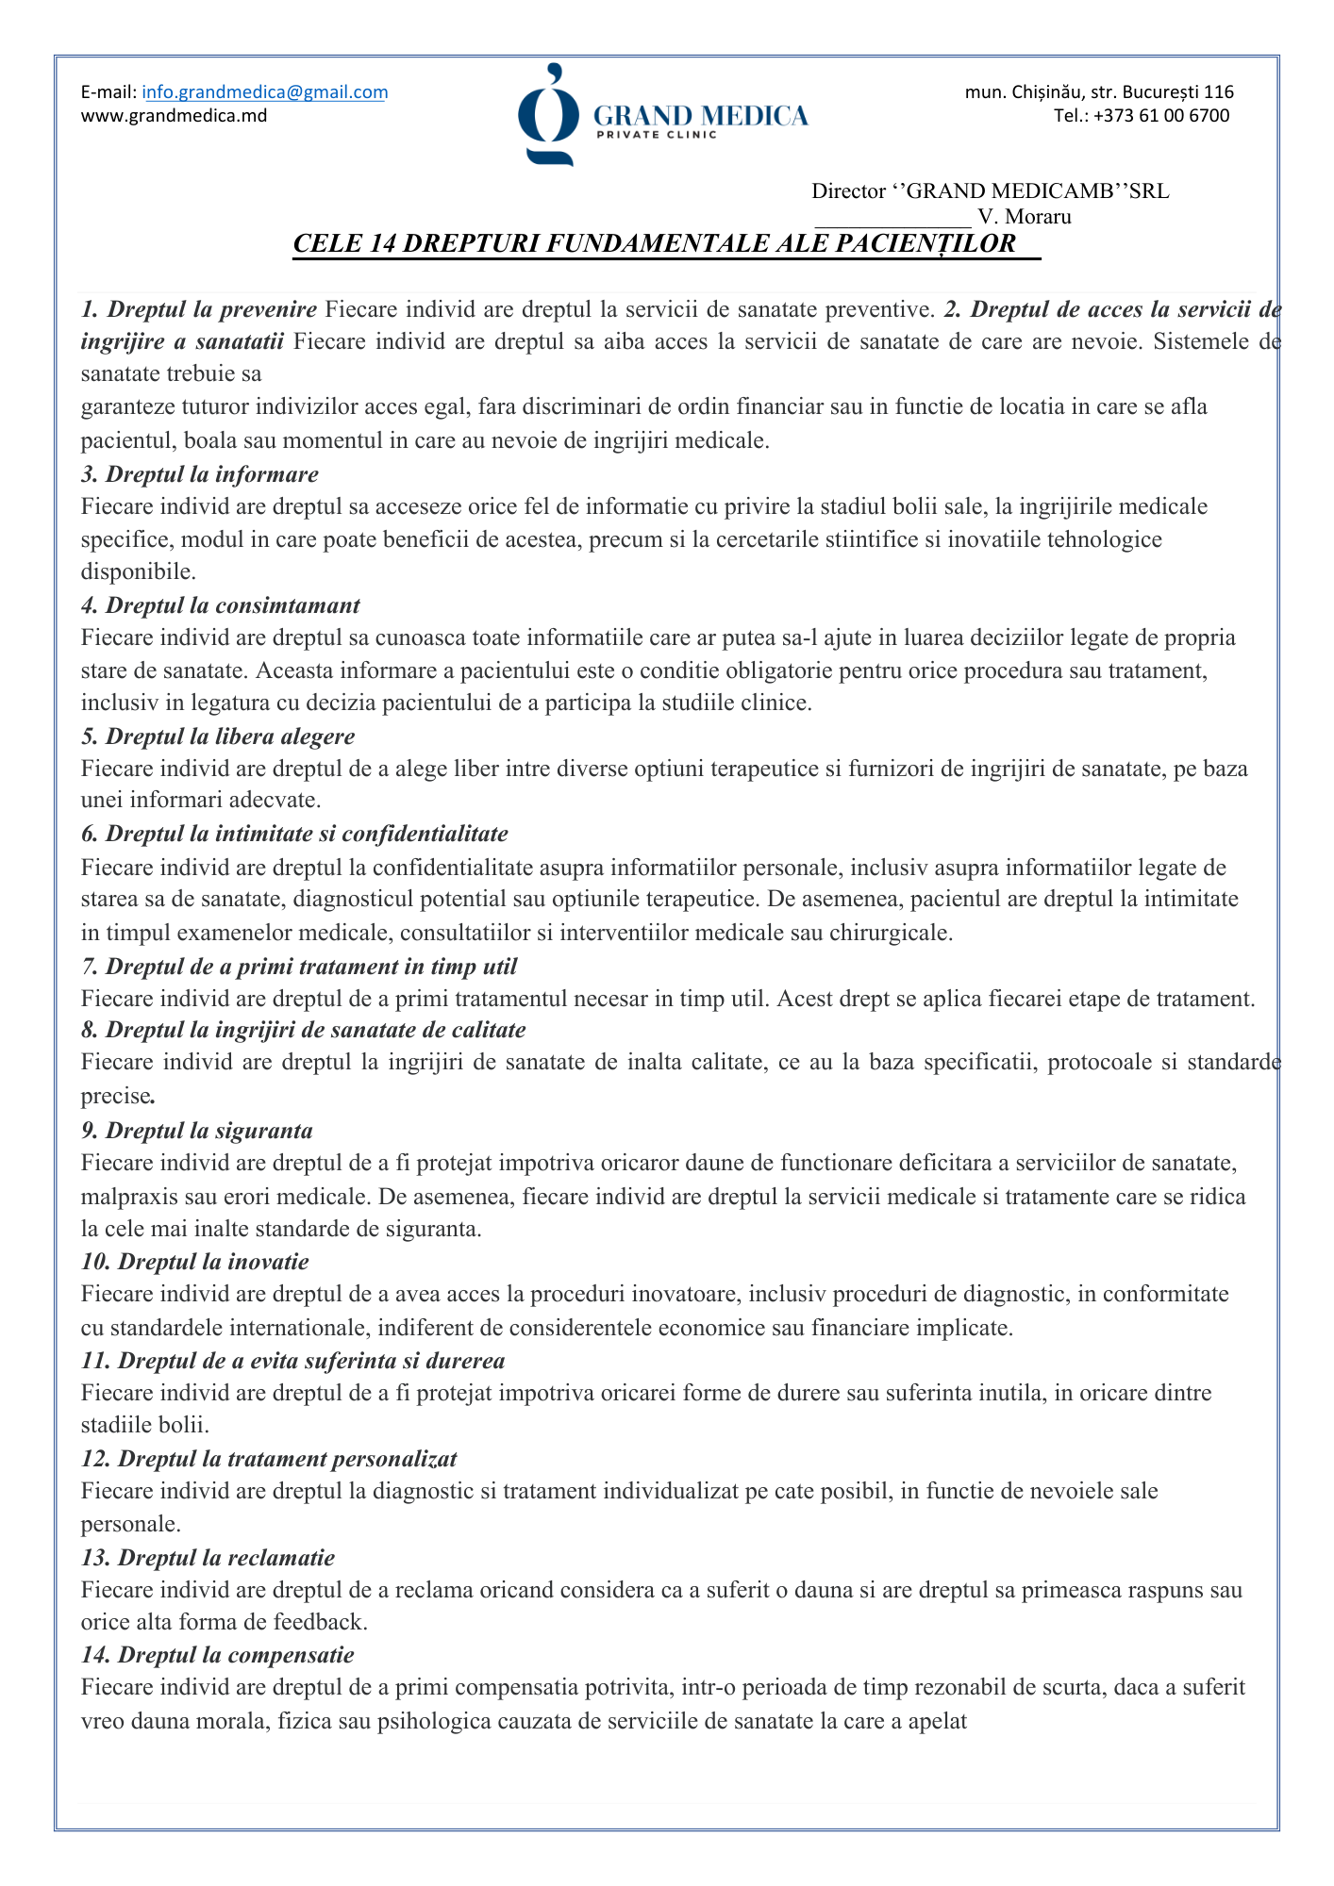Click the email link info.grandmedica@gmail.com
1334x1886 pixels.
coord(265,92)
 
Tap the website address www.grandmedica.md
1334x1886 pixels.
coord(174,116)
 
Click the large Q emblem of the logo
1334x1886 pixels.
coord(548,116)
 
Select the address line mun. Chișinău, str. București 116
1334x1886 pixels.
coord(1099,92)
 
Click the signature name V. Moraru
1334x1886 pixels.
coord(1025,217)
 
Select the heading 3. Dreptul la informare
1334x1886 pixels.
coord(200,473)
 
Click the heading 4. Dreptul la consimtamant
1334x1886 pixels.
coord(221,604)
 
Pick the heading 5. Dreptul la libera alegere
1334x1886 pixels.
coord(218,736)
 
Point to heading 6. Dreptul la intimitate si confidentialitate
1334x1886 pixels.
coord(294,834)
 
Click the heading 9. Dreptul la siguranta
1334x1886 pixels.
coord(197,1130)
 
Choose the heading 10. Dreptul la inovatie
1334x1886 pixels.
coord(195,1261)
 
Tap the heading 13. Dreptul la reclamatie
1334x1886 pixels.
coord(208,1557)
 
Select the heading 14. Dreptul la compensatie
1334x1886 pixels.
coord(218,1655)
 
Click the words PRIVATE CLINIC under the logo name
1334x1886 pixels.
coord(657,135)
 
